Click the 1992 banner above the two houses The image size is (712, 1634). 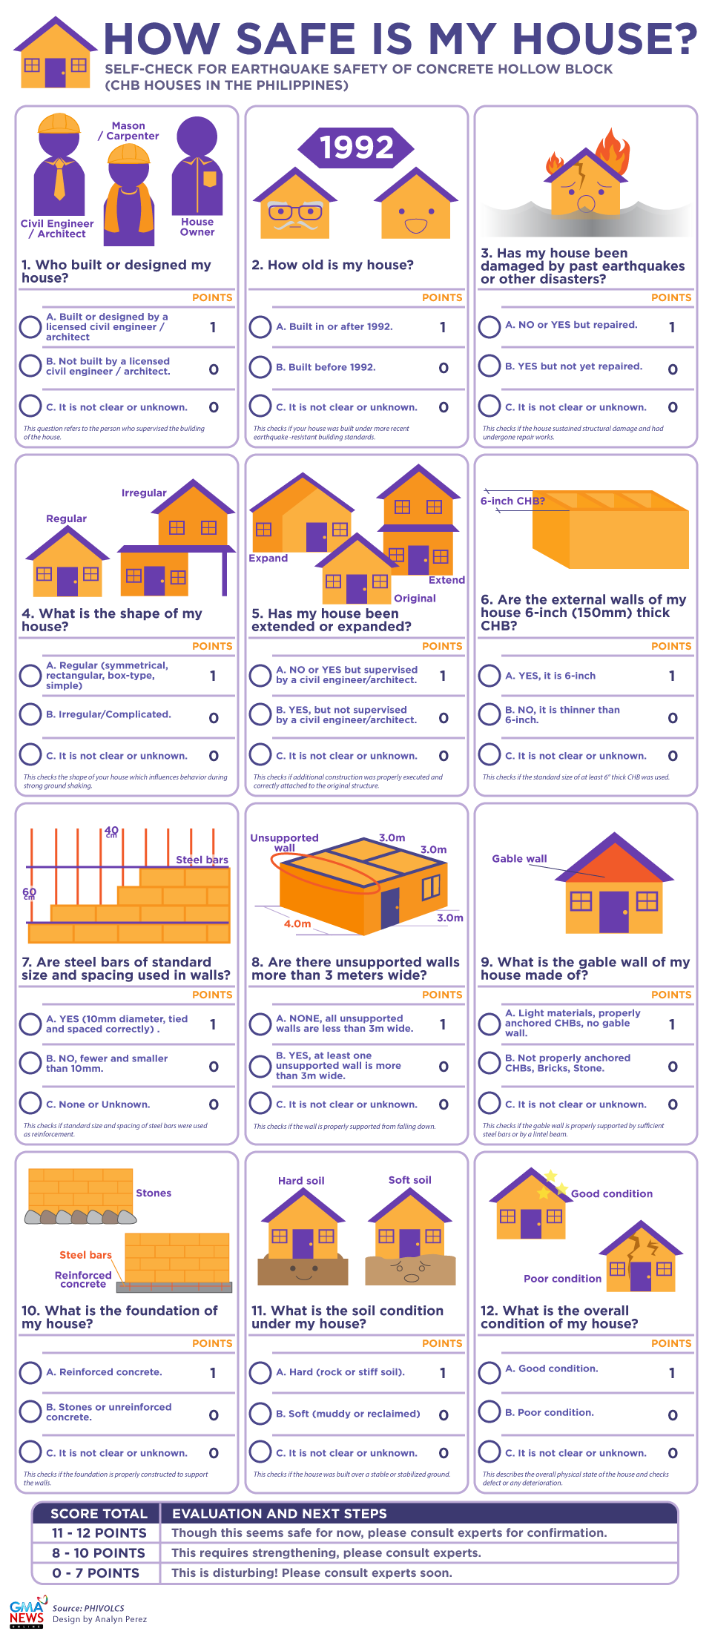pos(356,147)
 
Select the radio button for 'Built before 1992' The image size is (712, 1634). pos(260,367)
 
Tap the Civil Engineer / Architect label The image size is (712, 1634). pos(57,228)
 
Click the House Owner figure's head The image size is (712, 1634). pos(197,136)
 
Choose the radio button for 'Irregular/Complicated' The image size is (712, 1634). pos(30,714)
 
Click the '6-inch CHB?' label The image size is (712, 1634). pos(512,501)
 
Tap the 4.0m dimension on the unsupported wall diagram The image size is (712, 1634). pos(297,923)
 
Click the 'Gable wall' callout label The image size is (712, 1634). pos(519,858)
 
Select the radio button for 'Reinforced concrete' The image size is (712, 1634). pos(30,1372)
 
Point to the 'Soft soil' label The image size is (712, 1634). pos(409,1179)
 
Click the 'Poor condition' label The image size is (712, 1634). pos(562,1278)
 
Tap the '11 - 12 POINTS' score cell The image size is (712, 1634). pos(99,1532)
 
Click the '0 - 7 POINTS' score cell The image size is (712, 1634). pos(96,1572)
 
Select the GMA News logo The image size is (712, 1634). pos(27,1611)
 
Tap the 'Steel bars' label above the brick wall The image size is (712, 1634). pos(202,860)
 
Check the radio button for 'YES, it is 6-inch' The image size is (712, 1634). pos(489,676)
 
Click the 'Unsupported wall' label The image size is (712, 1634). pos(284,843)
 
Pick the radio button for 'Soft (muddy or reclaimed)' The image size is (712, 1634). pos(260,1414)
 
